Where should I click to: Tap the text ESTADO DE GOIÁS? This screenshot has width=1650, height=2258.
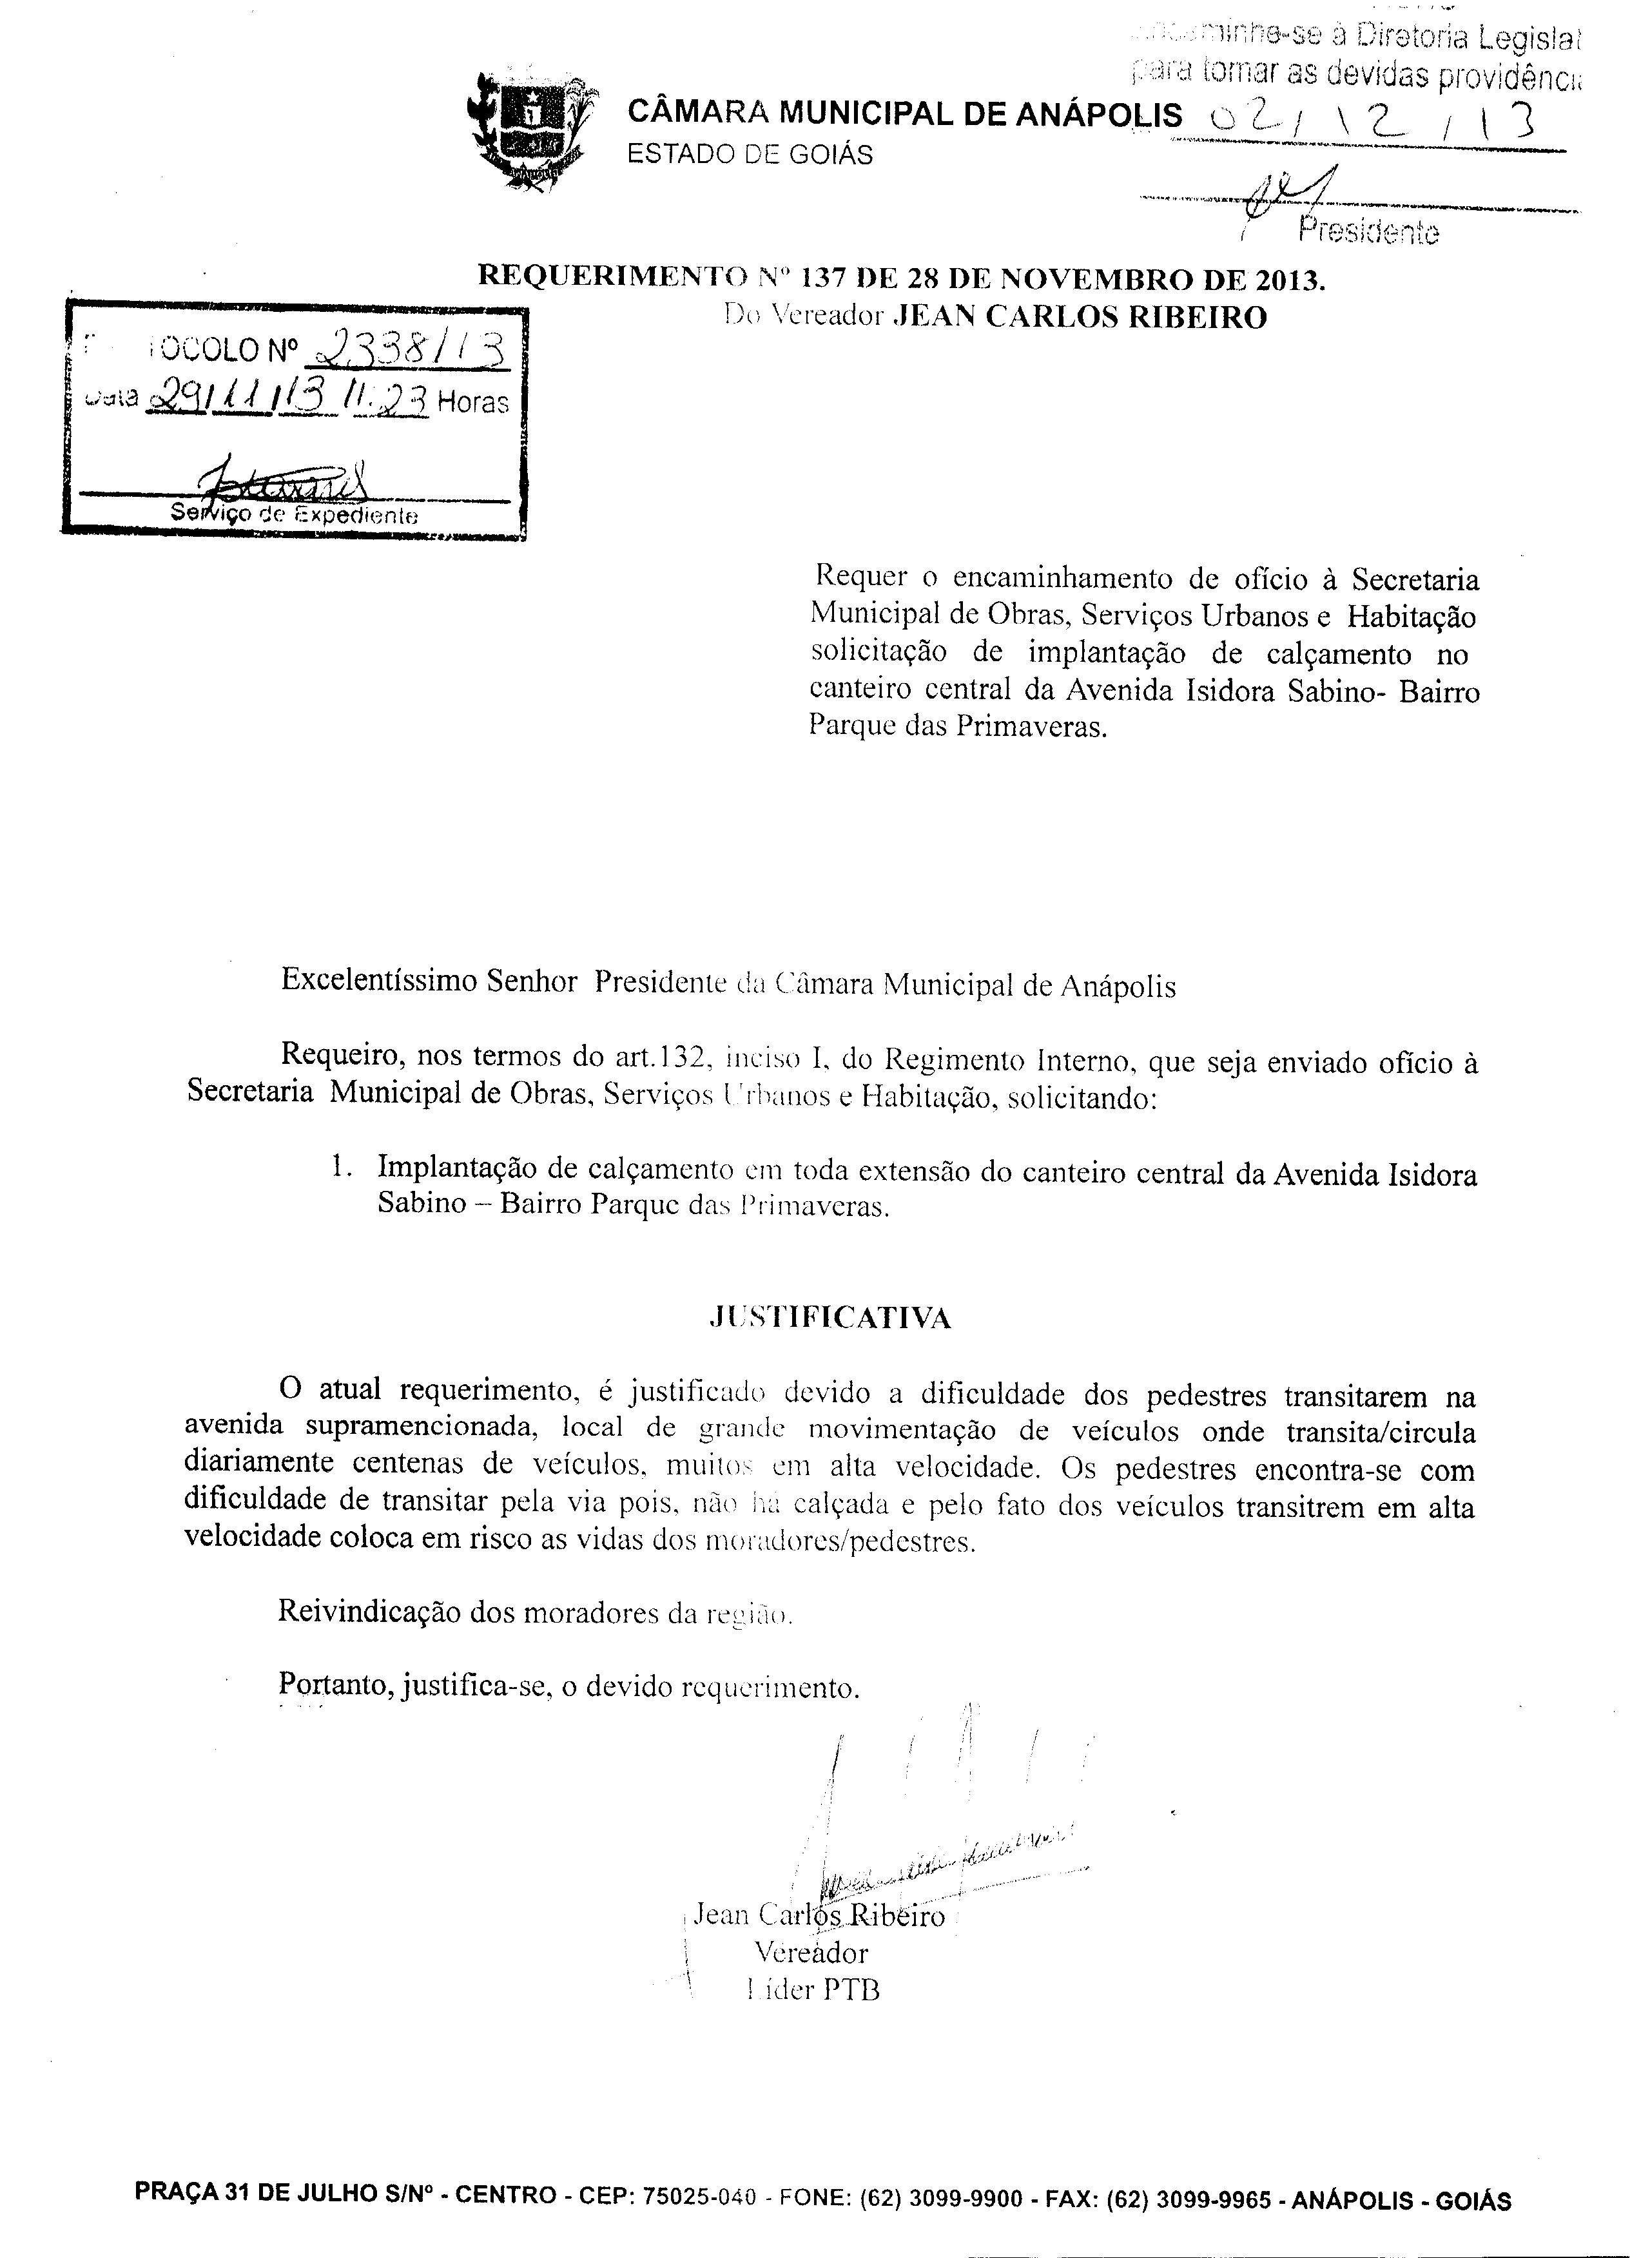coord(749,155)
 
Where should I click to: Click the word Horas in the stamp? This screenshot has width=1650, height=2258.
coord(474,403)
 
